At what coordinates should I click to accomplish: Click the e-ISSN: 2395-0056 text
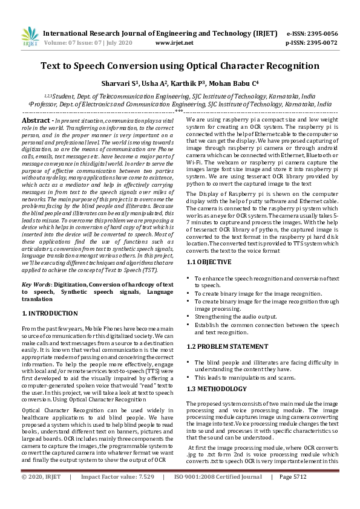coord(312,33)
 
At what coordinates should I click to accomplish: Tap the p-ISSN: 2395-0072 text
coord(312,43)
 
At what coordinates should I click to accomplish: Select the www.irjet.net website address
coord(174,43)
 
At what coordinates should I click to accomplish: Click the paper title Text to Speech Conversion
coord(180,66)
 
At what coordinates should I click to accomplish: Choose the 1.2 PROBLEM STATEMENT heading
coord(226,346)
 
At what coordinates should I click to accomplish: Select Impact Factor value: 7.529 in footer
coord(117,494)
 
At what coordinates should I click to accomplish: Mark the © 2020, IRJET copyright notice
coord(41,494)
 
